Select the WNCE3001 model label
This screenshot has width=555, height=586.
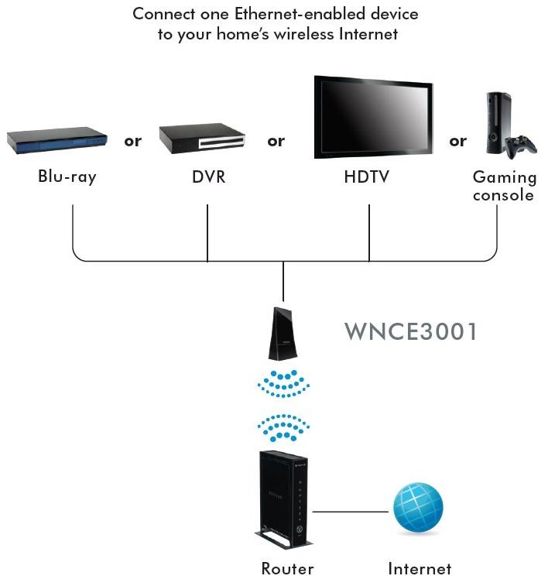(410, 332)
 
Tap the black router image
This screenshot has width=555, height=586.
(283, 499)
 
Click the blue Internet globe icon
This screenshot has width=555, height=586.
(418, 509)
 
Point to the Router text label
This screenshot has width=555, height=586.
(287, 569)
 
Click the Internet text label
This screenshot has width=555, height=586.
(420, 569)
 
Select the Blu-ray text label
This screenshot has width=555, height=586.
(67, 176)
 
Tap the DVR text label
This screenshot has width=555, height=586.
(208, 176)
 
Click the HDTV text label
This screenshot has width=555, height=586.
(366, 176)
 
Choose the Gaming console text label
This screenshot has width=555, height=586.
(503, 186)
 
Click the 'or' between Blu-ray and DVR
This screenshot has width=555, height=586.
(133, 141)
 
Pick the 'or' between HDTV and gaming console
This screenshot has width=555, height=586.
(457, 141)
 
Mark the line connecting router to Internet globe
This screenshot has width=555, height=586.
(350, 512)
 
